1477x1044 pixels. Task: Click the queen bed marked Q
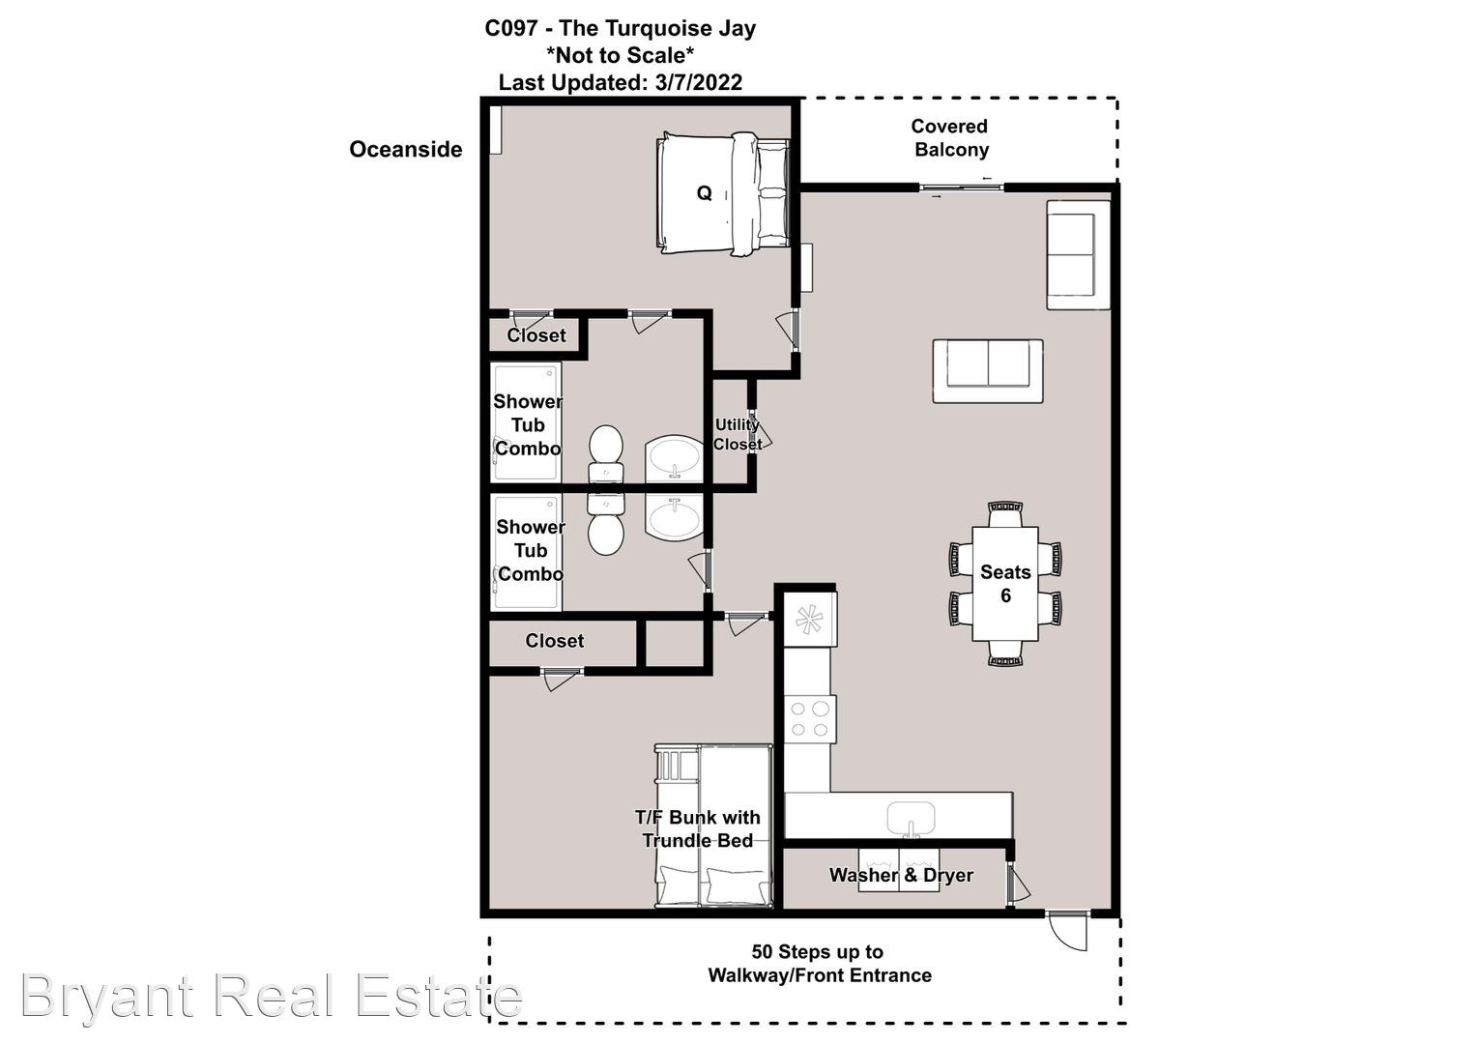[723, 194]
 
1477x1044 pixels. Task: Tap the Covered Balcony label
[950, 138]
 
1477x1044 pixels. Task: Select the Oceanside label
[406, 149]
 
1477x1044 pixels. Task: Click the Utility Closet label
[738, 435]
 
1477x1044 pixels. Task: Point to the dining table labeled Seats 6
[1005, 584]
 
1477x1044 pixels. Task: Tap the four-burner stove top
[810, 719]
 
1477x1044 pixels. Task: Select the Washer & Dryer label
[901, 875]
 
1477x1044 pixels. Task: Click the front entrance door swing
[1067, 933]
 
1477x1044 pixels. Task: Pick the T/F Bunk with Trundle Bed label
[698, 829]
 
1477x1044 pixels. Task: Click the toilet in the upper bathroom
[606, 452]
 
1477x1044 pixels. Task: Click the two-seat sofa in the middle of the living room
[988, 370]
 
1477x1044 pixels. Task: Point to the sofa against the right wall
[1078, 254]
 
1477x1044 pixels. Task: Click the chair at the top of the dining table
[1005, 513]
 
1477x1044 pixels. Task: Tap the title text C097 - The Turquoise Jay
[620, 28]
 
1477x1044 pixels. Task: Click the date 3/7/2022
[698, 82]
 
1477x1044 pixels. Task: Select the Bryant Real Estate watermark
[272, 996]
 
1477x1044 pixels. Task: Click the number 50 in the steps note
[762, 951]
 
